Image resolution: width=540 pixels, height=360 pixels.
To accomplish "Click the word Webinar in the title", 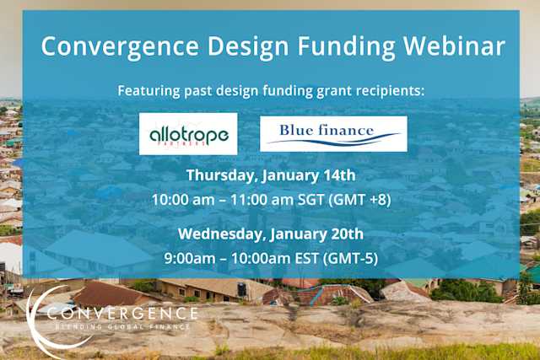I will [x=452, y=46].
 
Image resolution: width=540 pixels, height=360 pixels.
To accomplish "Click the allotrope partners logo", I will [x=188, y=134].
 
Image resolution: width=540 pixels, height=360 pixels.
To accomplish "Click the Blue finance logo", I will [x=333, y=133].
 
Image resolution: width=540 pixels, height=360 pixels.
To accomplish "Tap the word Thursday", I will [x=222, y=175].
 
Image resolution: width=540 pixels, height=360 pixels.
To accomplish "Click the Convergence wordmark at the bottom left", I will [x=123, y=314].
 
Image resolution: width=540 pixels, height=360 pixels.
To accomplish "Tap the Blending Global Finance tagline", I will [x=123, y=326].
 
